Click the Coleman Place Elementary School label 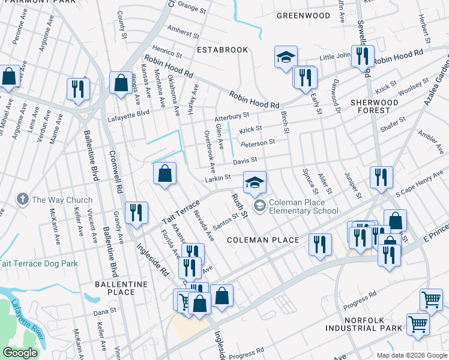coord(304,207)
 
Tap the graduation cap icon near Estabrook coord(286,58)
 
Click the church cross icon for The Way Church coord(23,200)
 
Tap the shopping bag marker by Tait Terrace coord(164,174)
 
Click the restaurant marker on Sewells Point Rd coord(362,56)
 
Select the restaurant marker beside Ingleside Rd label coord(136,213)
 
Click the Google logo coord(20,353)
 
